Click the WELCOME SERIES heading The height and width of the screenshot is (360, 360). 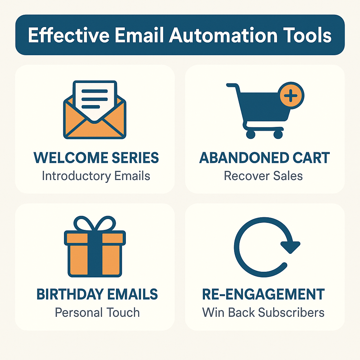96,158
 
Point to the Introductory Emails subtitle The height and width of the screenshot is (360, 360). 96,175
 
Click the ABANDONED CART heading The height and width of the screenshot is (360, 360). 264,158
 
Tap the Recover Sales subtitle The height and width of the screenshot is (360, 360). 263,175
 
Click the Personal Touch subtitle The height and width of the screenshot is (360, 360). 97,312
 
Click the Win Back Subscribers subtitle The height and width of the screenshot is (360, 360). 263,312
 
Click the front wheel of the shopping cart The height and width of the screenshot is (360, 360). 278,134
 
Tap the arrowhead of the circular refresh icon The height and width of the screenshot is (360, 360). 290,246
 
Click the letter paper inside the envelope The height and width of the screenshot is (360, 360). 94,97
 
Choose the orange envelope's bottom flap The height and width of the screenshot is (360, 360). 94,130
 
